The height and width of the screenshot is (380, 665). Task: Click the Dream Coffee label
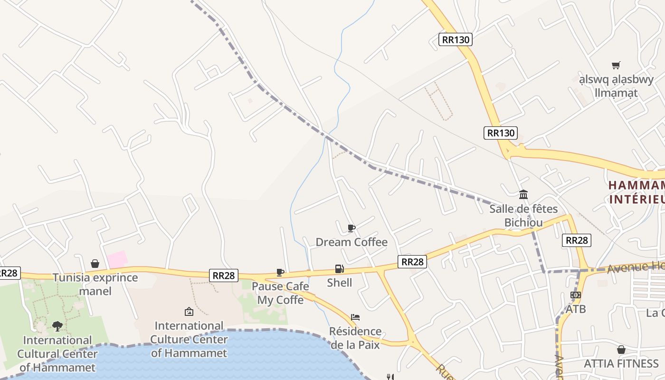[351, 242]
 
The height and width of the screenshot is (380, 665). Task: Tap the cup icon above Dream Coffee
[351, 228]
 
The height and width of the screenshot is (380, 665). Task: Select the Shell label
[340, 283]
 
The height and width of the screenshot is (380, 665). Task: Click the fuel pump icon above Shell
[339, 269]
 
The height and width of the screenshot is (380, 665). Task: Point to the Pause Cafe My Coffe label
[280, 293]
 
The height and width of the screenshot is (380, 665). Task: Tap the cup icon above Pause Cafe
[280, 272]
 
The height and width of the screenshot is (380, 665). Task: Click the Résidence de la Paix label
[355, 338]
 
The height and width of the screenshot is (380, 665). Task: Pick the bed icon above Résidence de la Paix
[355, 317]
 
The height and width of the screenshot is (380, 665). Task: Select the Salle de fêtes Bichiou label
[523, 216]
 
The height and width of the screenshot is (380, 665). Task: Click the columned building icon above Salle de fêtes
[523, 194]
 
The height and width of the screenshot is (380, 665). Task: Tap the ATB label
[576, 309]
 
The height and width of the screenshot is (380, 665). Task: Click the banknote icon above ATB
[576, 295]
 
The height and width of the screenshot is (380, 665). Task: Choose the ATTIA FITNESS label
[621, 364]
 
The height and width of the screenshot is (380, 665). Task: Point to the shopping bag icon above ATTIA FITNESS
[621, 350]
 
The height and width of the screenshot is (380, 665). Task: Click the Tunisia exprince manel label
[95, 284]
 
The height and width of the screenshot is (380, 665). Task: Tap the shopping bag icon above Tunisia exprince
[95, 264]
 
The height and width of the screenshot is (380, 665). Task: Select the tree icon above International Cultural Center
[57, 326]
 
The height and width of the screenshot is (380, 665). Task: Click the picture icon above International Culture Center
[189, 312]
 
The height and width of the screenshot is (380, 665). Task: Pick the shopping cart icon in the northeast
[616, 65]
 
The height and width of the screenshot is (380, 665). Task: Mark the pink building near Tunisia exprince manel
[117, 259]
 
